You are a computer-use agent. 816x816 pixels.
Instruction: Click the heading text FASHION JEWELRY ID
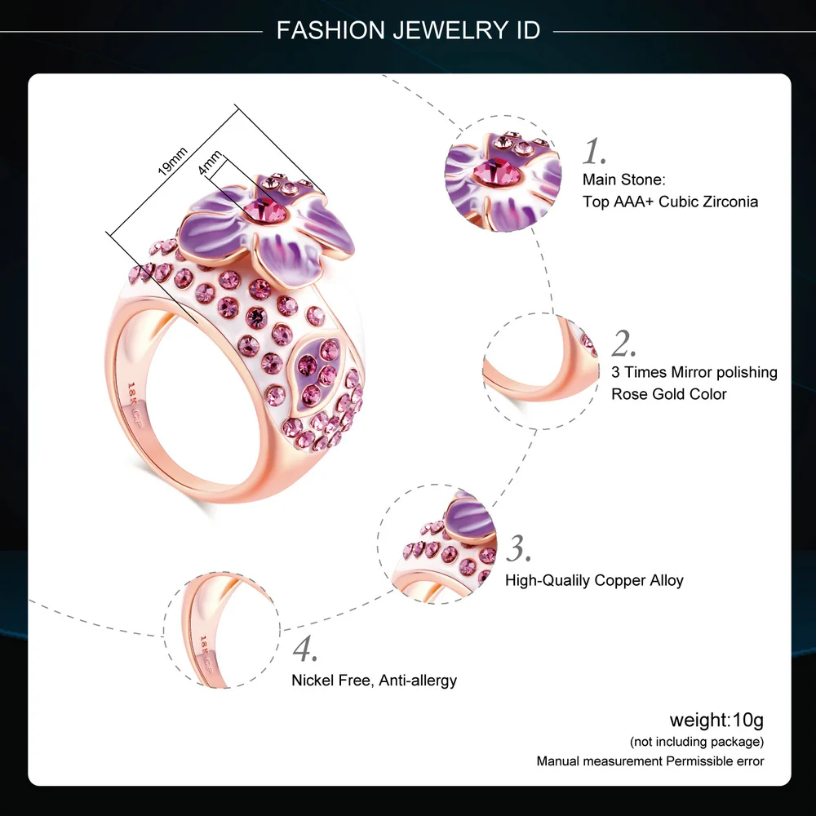pos(408,30)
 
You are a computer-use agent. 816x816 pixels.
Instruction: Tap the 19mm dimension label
pos(172,162)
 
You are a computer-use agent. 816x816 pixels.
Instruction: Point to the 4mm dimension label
pos(210,162)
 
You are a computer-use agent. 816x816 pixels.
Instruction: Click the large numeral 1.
pos(594,152)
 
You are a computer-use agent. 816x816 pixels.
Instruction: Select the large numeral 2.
pos(623,344)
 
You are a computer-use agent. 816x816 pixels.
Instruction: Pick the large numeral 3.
pos(519,548)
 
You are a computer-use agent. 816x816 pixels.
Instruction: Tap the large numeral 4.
pos(305,649)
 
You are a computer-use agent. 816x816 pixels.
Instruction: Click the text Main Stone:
pos(624,180)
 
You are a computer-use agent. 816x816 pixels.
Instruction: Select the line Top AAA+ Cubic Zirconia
pos(670,202)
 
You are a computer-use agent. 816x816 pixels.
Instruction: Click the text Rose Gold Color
pos(669,394)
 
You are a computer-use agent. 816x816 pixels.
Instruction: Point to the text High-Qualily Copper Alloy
pos(594,580)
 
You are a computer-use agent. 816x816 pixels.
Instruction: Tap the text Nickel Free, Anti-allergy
pos(375,681)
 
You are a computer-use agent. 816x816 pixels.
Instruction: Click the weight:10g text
pos(716,721)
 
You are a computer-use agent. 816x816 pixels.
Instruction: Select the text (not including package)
pos(697,742)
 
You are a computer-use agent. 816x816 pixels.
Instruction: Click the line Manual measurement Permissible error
pos(650,761)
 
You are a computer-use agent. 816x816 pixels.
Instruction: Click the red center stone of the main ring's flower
pos(264,211)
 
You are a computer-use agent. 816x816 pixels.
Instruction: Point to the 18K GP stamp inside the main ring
pos(135,405)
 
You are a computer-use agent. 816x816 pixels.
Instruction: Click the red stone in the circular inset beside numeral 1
pos(497,173)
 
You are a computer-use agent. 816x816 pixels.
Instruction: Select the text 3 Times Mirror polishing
pos(694,372)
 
